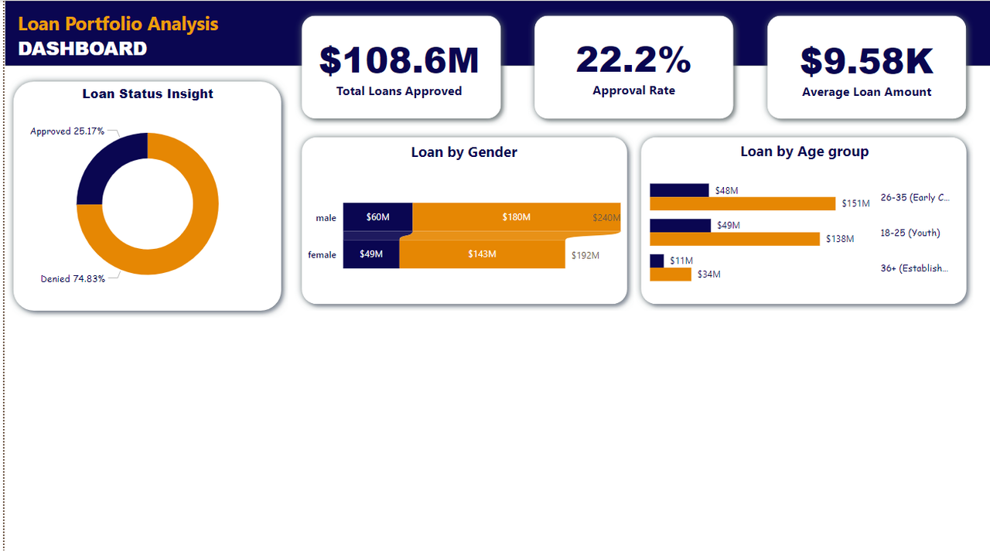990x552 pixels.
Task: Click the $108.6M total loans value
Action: pos(399,61)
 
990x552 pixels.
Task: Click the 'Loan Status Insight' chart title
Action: pos(148,94)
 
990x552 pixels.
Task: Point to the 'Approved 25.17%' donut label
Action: pos(67,131)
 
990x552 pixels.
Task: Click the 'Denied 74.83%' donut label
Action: pos(73,279)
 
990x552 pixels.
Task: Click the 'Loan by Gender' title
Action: pos(464,152)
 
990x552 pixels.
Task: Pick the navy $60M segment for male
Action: pos(377,217)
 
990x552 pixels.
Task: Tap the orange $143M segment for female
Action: pos(482,254)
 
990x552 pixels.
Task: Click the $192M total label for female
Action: pos(585,255)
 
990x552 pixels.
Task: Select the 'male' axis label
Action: pos(326,218)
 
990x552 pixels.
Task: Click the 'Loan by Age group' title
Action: pos(804,152)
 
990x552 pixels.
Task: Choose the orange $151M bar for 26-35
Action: pos(742,204)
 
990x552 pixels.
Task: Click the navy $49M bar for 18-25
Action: pos(680,226)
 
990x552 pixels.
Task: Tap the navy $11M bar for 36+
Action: pos(657,261)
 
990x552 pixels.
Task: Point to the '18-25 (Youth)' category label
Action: pos(910,233)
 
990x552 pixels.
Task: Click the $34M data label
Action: pos(708,274)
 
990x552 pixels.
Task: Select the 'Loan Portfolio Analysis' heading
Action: pos(118,24)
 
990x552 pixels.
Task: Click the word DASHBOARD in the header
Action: pos(82,49)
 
